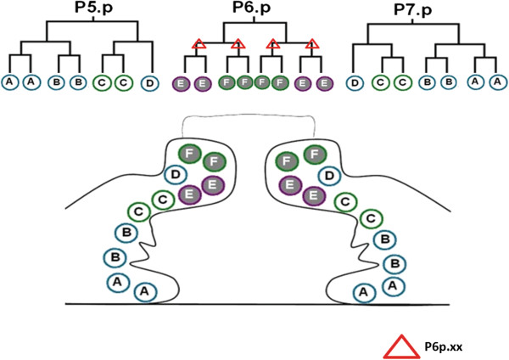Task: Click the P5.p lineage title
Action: tap(94, 8)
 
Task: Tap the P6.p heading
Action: tap(252, 8)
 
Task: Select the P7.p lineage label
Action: tap(413, 9)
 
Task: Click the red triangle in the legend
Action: tap(401, 346)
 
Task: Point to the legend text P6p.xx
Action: tap(444, 347)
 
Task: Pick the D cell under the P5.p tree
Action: tap(149, 83)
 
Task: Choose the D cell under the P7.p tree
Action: tap(355, 83)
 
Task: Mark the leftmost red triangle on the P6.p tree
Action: tap(199, 44)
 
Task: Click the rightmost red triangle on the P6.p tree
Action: tap(312, 44)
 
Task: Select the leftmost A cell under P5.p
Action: tap(9, 82)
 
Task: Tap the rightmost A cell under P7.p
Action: tap(497, 82)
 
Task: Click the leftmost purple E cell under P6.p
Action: tap(181, 84)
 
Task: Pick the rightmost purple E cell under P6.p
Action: tap(324, 84)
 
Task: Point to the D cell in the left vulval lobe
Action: tap(176, 175)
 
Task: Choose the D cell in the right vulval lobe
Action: tap(329, 176)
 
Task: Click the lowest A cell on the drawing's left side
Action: tap(145, 292)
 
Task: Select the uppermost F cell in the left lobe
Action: tap(189, 154)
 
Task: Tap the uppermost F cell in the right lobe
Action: tap(315, 155)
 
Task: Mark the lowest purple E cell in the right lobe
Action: tap(314, 196)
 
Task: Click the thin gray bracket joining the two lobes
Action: tap(249, 115)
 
